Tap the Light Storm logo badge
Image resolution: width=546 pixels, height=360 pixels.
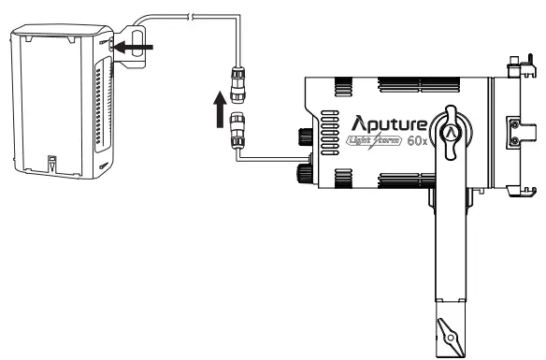click(x=373, y=143)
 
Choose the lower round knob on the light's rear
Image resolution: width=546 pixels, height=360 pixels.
click(x=305, y=171)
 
